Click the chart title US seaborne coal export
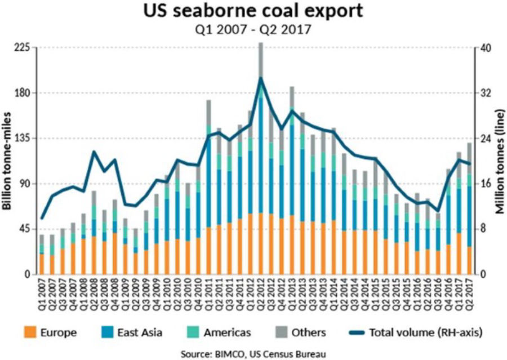tap(253, 12)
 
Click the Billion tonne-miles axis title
tap(8, 161)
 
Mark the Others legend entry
tap(299, 332)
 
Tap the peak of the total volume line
tap(261, 78)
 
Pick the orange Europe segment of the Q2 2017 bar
tap(469, 260)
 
